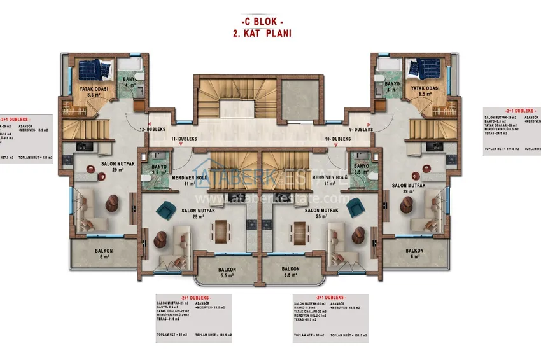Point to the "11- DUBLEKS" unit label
click(x=185, y=139)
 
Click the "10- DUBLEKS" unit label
click(x=338, y=139)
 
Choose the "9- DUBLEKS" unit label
click(x=361, y=129)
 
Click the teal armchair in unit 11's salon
click(x=167, y=209)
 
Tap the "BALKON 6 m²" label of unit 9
click(x=414, y=253)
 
